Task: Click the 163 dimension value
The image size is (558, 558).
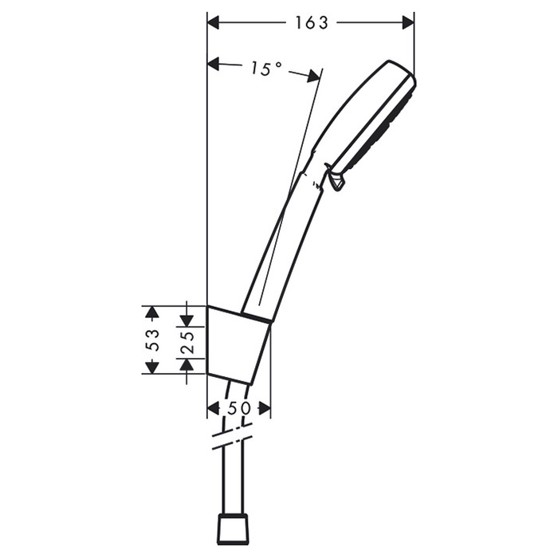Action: click(x=312, y=23)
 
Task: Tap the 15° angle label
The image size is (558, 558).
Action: click(x=266, y=69)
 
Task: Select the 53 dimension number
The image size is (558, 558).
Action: click(x=153, y=340)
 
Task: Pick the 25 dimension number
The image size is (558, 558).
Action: click(x=187, y=342)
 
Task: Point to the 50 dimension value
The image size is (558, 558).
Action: click(x=239, y=408)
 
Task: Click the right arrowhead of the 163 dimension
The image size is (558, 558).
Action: click(x=408, y=23)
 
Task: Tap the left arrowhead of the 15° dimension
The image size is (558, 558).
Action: click(x=213, y=65)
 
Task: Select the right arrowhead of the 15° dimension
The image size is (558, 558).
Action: click(x=313, y=76)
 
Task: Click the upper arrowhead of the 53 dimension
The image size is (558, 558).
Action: click(x=153, y=312)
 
